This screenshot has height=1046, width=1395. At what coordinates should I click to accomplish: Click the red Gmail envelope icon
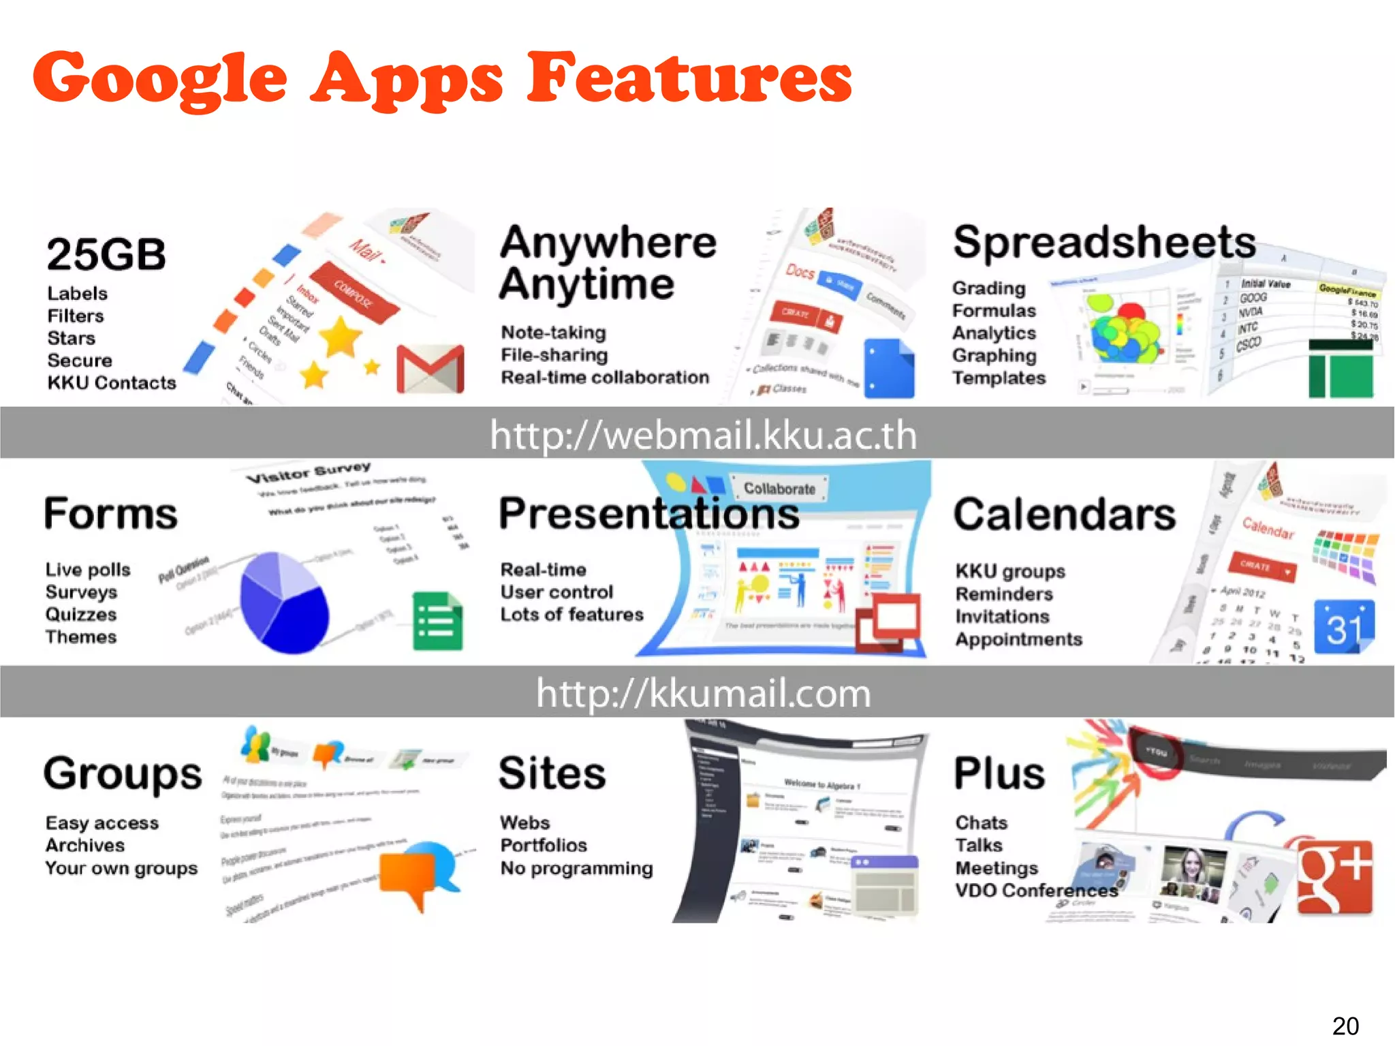tap(430, 369)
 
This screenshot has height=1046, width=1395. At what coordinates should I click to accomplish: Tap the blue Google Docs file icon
tap(889, 368)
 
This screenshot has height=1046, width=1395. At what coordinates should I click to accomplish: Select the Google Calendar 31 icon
tap(1343, 627)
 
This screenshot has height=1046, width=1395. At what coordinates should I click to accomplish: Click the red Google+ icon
tap(1334, 877)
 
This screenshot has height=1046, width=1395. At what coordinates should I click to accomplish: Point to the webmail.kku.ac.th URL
tap(703, 435)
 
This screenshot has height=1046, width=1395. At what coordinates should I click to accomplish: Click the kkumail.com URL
tap(703, 693)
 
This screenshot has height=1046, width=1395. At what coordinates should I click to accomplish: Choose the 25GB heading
tap(106, 255)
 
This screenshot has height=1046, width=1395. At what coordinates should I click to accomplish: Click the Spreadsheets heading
tap(1104, 242)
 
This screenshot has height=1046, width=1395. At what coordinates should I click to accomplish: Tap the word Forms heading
tap(110, 514)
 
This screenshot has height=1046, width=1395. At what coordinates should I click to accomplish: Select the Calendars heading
tap(1065, 514)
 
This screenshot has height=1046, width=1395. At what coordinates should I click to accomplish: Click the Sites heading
tap(552, 773)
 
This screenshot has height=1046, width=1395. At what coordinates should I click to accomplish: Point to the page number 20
tap(1345, 1026)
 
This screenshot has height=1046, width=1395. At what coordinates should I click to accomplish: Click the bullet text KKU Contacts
tap(112, 383)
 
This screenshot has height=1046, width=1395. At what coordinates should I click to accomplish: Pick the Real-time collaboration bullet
tap(605, 378)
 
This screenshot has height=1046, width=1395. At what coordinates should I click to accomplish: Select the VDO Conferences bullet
tap(1036, 891)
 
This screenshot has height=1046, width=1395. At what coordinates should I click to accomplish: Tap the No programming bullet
tap(576, 868)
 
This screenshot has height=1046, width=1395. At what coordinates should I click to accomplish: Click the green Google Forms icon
tap(437, 621)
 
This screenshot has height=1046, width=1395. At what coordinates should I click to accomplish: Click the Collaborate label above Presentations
tap(779, 489)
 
